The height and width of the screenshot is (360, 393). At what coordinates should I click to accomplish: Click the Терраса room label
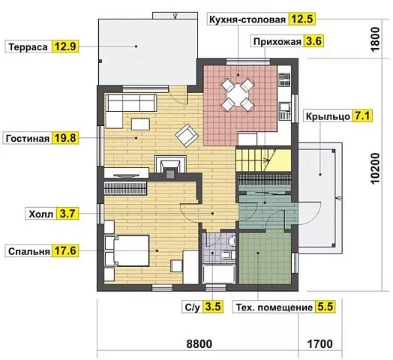(28, 47)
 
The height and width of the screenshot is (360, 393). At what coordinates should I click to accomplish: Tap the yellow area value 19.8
(65, 138)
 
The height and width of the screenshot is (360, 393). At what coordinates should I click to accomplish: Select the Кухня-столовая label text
(247, 19)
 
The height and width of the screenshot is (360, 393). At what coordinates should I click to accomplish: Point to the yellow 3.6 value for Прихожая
(313, 40)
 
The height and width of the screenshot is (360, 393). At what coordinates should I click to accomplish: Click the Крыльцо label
(328, 116)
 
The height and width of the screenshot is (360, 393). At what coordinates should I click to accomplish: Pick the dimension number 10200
(375, 169)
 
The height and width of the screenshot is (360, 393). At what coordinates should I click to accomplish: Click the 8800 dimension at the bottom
(199, 343)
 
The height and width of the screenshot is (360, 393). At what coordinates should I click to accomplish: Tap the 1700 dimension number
(319, 343)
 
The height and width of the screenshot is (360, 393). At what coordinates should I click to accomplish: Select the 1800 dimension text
(375, 39)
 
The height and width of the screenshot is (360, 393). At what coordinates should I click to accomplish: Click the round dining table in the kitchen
(237, 95)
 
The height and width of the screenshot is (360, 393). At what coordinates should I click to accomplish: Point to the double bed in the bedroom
(127, 250)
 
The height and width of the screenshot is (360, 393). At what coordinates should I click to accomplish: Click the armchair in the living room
(187, 136)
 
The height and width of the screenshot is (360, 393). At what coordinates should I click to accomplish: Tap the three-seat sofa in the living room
(132, 103)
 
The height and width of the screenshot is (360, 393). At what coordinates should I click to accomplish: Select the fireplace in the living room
(170, 166)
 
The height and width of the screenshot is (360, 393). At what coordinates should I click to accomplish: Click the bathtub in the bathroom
(219, 274)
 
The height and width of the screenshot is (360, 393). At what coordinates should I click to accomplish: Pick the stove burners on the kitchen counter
(284, 79)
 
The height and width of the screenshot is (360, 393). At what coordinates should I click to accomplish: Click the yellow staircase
(263, 160)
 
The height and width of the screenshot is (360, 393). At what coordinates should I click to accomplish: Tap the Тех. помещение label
(274, 307)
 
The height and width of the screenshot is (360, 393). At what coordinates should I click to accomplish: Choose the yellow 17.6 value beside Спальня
(65, 250)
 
